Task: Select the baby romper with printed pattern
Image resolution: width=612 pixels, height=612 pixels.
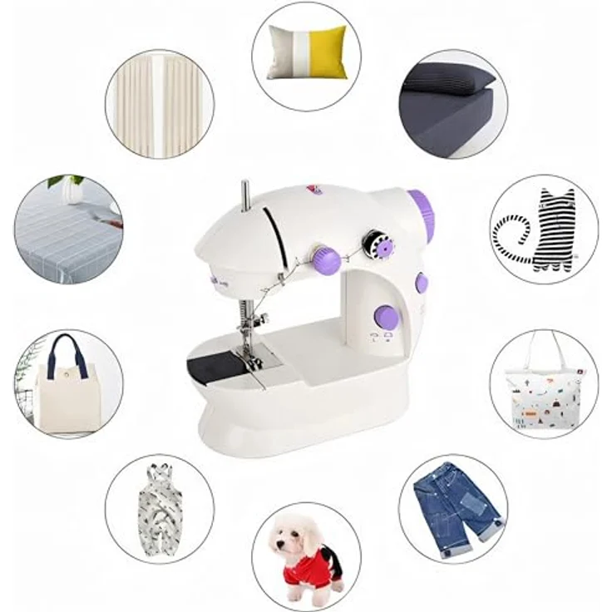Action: click(x=159, y=507)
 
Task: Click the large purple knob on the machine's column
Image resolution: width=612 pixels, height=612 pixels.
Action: click(x=385, y=316)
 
